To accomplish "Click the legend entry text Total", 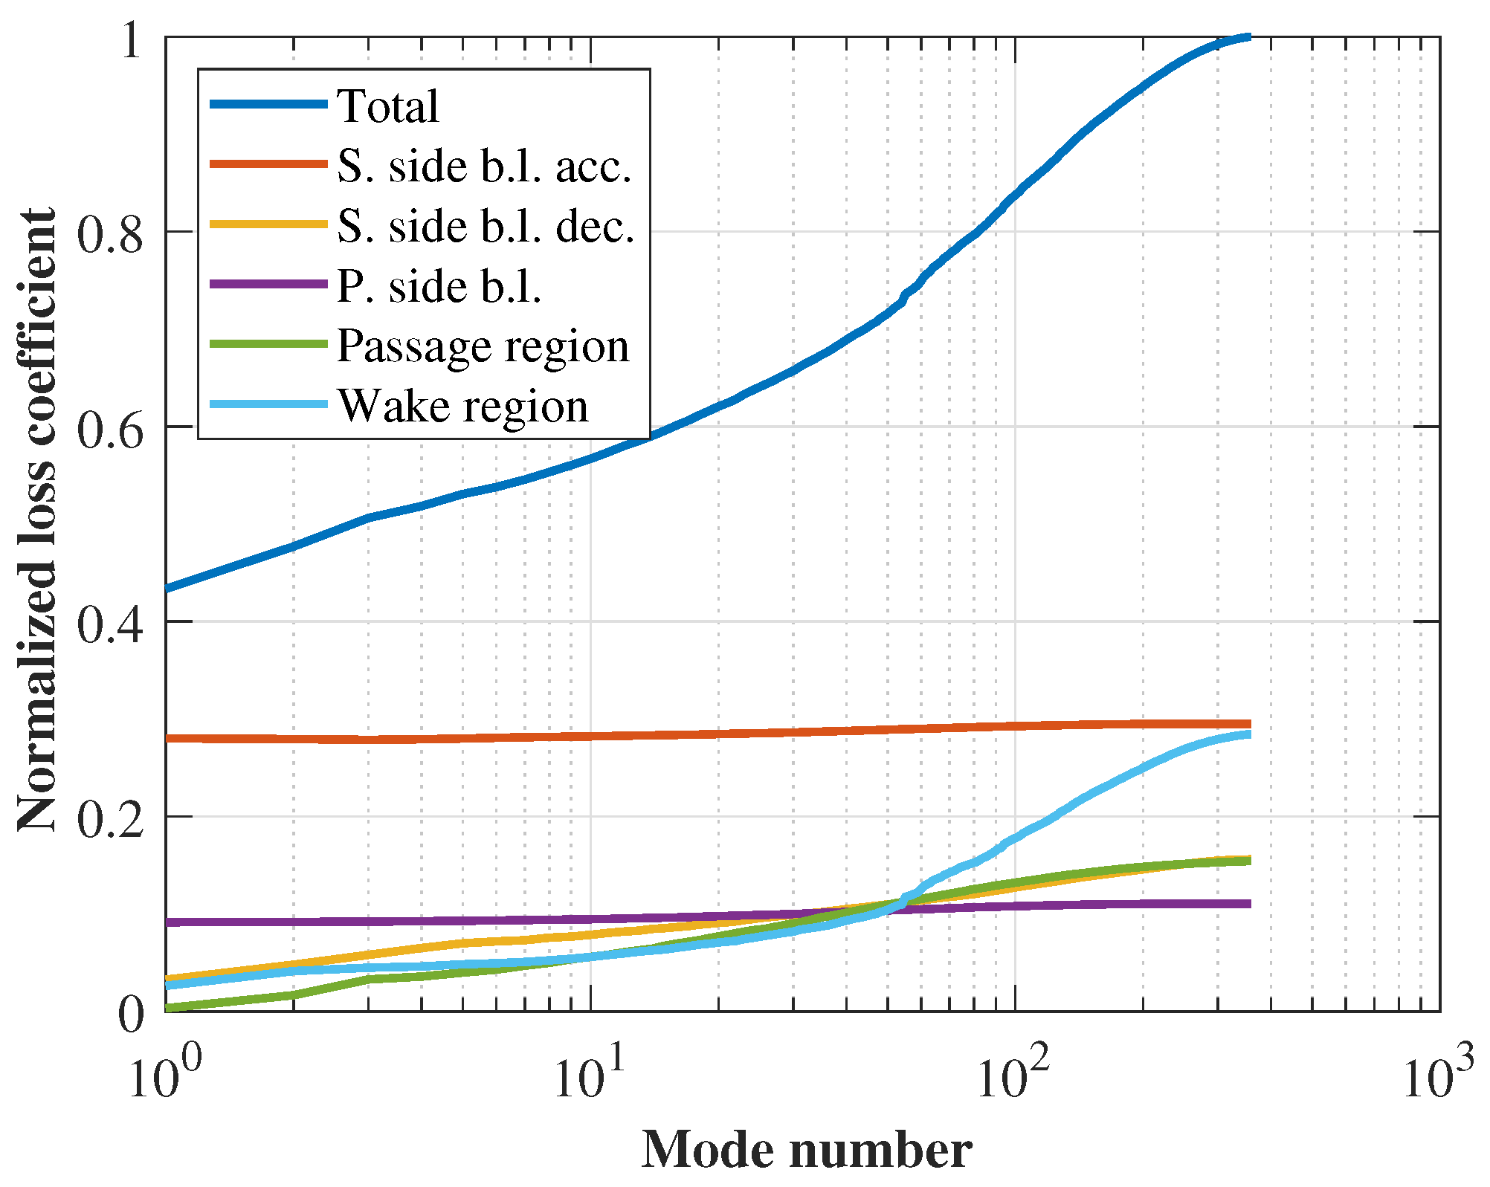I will (x=387, y=106).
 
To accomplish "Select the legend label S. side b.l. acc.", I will (x=484, y=166).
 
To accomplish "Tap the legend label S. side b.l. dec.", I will (x=486, y=226).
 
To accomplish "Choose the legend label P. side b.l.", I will (x=439, y=286).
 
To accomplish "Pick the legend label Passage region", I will (x=483, y=346).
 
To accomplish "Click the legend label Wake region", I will (x=462, y=406).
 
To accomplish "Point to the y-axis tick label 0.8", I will (x=109, y=235).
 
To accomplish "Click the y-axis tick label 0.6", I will (x=109, y=430).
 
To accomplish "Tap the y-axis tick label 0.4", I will (x=109, y=625).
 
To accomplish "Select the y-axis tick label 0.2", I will (x=109, y=821).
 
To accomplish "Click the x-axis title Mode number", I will (x=806, y=1150).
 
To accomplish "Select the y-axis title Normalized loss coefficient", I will (x=37, y=520).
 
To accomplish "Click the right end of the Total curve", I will (x=1249, y=36).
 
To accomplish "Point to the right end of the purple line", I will (x=1249, y=904).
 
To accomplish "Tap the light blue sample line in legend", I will (x=268, y=404).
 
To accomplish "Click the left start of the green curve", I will (x=167, y=1008).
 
